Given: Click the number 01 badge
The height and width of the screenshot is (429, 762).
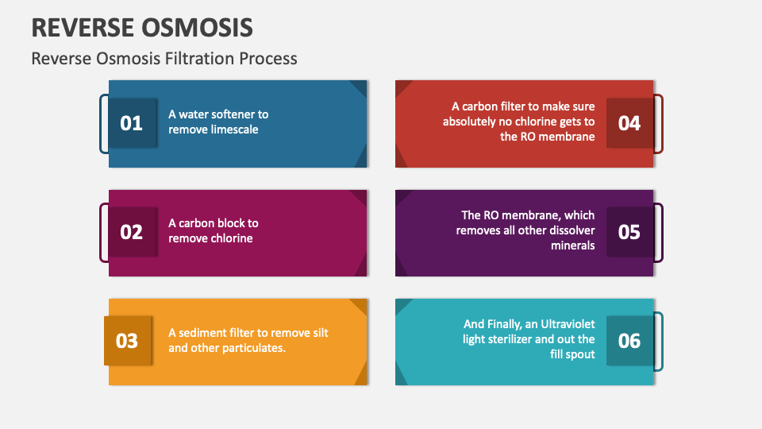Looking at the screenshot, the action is click(x=133, y=123).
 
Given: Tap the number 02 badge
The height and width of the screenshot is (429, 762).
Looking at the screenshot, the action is click(x=133, y=232).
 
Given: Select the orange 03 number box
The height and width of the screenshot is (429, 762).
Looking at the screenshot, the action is click(x=128, y=341).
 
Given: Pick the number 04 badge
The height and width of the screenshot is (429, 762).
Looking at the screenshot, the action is click(x=629, y=123).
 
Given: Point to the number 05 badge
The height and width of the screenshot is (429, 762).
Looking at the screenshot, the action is click(x=629, y=232).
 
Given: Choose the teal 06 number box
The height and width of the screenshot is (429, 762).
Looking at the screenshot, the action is click(x=629, y=341).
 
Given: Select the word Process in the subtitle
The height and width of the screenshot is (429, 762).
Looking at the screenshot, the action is click(x=267, y=59).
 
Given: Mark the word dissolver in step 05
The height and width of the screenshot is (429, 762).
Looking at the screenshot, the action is click(x=571, y=230).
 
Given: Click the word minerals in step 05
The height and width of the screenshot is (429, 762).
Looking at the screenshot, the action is click(x=573, y=245).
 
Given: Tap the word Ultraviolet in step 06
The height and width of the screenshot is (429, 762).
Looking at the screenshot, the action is click(x=568, y=324).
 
